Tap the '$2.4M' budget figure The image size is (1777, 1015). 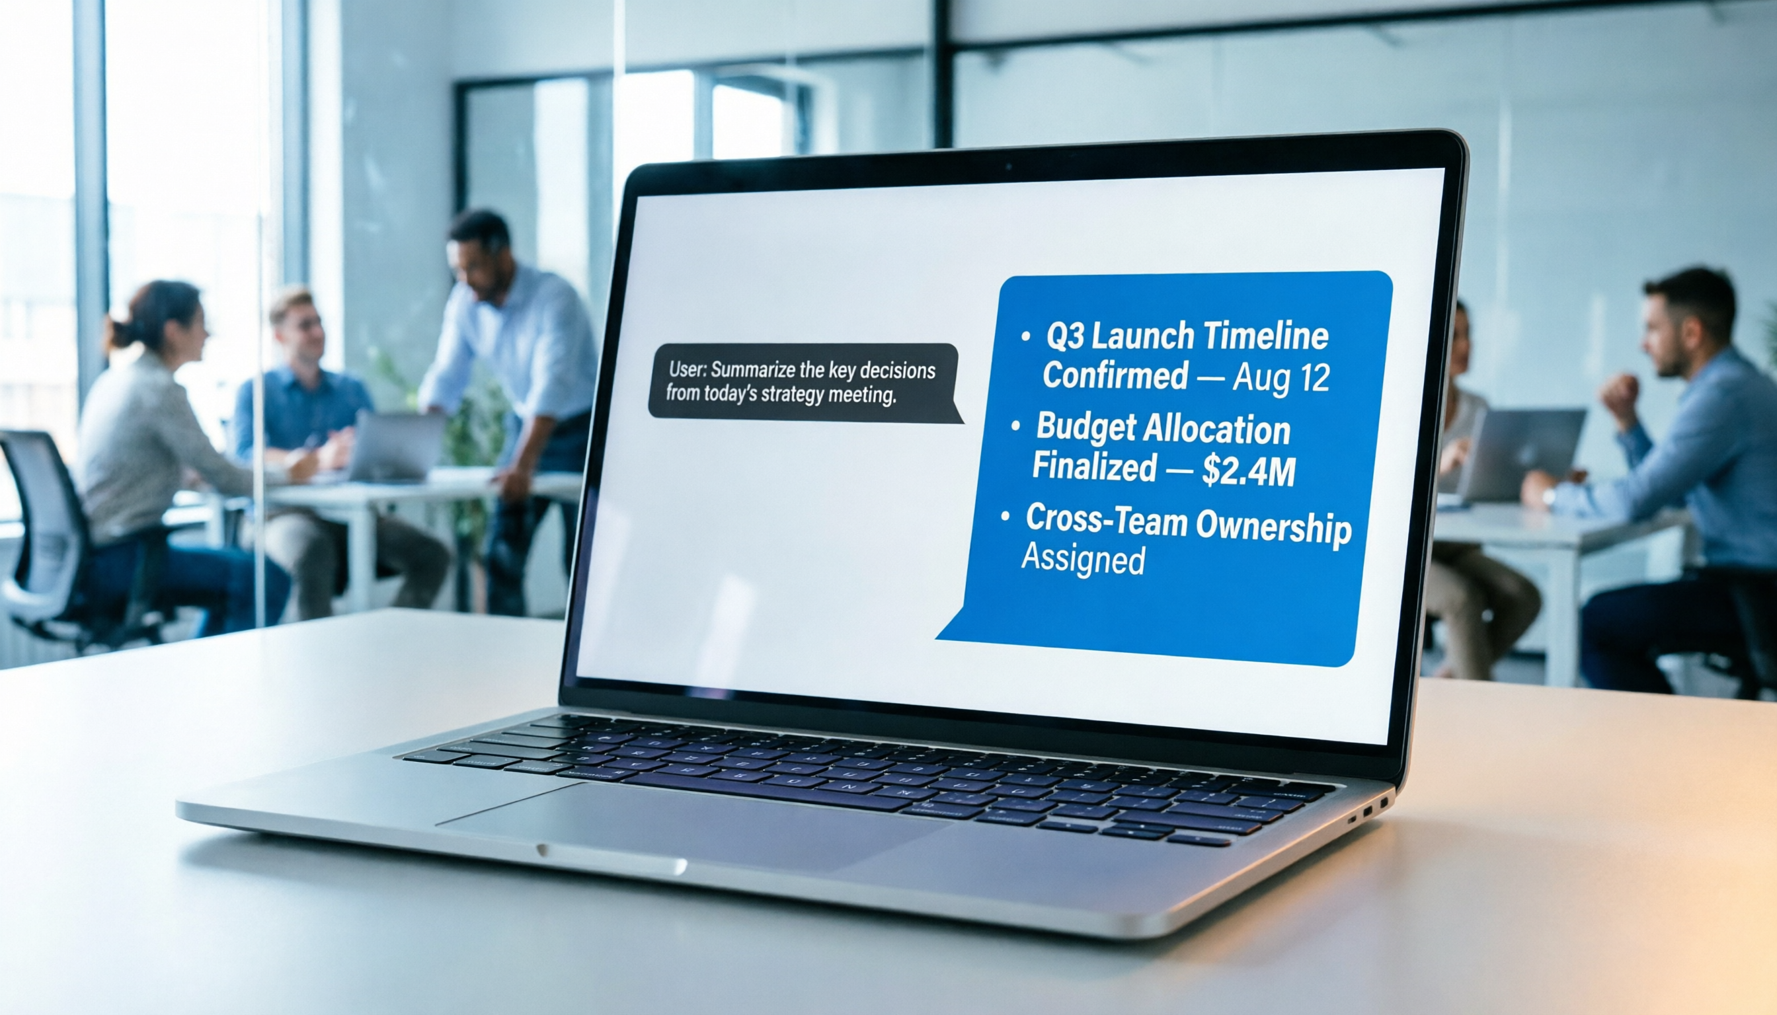1248,471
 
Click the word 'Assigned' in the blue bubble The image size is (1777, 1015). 1082,559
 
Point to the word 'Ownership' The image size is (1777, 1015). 1273,528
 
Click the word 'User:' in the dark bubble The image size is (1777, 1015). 688,369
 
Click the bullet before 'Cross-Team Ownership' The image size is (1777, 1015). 1005,517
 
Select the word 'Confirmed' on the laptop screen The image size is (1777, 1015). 1115,375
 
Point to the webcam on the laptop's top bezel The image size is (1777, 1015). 1007,167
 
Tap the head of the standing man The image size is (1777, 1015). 479,244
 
